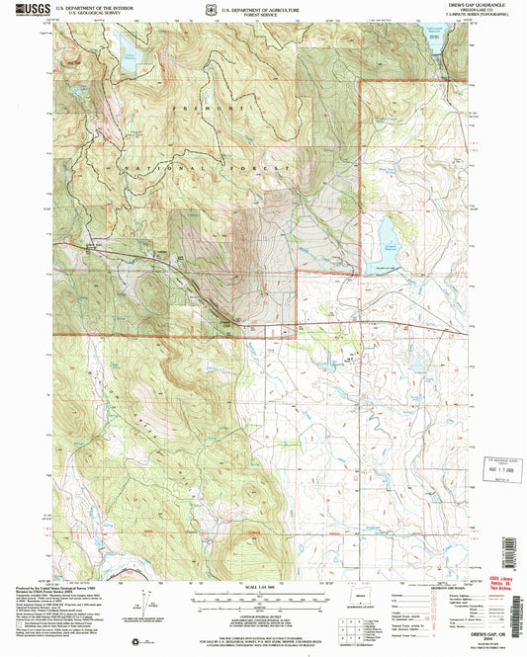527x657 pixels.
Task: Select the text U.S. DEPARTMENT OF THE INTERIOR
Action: pyautogui.click(x=93, y=6)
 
